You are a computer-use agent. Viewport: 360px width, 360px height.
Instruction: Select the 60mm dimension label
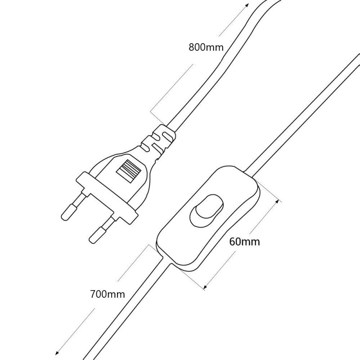pos(244,242)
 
